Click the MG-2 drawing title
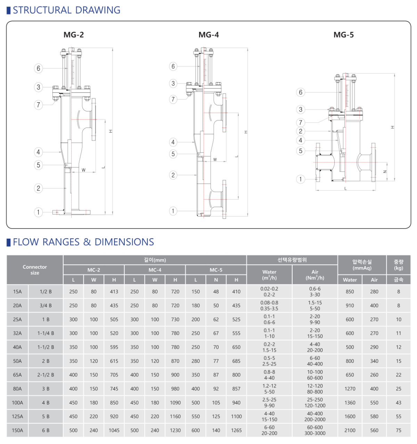coord(73,35)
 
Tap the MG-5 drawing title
coord(344,35)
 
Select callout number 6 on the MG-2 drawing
coord(38,68)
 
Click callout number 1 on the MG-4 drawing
coord(173,211)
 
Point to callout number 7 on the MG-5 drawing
coord(301,122)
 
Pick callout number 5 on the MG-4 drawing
coord(173,154)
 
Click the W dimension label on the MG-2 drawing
coord(84,170)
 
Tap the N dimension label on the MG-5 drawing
coord(385,172)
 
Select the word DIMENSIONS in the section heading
coord(124,242)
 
